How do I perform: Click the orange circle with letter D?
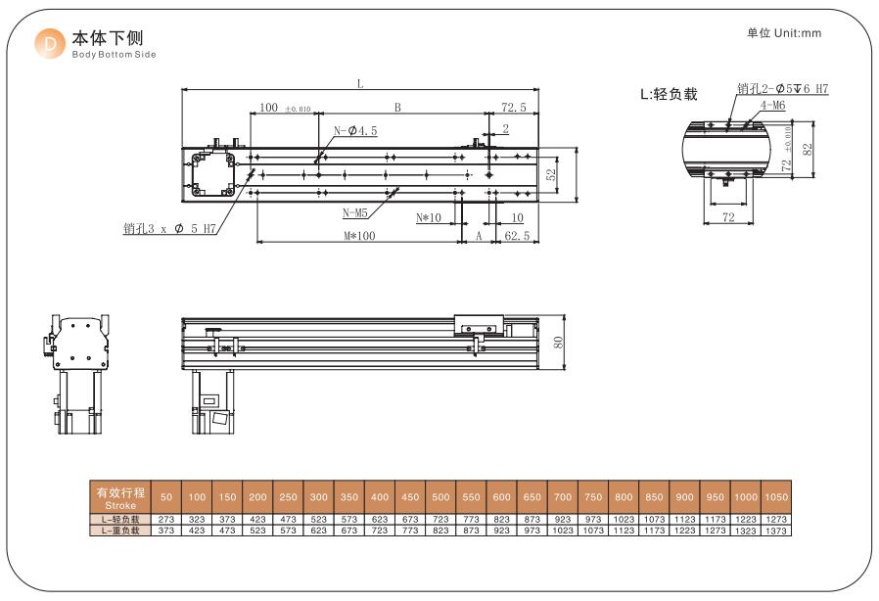click(x=50, y=44)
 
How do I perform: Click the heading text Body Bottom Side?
click(x=114, y=55)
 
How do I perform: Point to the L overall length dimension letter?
click(x=360, y=84)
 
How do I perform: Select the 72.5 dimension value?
click(x=514, y=107)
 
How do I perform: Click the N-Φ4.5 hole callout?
click(x=355, y=130)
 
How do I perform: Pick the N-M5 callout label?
click(x=355, y=213)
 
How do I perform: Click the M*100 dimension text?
click(x=359, y=236)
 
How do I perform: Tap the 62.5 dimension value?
click(x=517, y=236)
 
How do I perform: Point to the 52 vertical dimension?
click(x=551, y=175)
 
